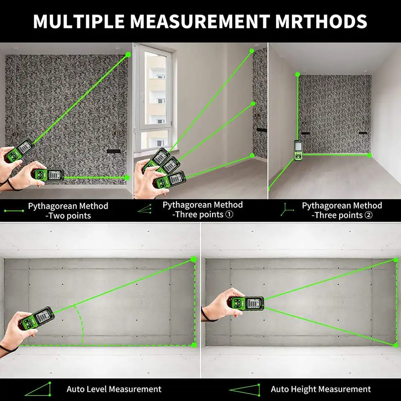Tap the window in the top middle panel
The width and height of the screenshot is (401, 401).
[155, 96]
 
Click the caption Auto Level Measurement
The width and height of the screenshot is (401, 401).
[114, 389]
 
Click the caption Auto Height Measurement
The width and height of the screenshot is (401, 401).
[320, 389]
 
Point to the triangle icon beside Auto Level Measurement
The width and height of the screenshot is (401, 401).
[38, 389]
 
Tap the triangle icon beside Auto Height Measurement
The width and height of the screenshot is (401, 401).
[244, 389]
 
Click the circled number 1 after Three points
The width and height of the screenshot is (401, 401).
[229, 215]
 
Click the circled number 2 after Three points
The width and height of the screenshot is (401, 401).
[369, 215]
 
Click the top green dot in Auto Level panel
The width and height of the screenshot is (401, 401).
[194, 259]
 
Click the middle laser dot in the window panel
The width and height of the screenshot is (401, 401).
[253, 104]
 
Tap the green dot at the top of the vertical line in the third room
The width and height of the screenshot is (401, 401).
[297, 74]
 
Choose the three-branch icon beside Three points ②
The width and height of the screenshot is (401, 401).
[287, 210]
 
